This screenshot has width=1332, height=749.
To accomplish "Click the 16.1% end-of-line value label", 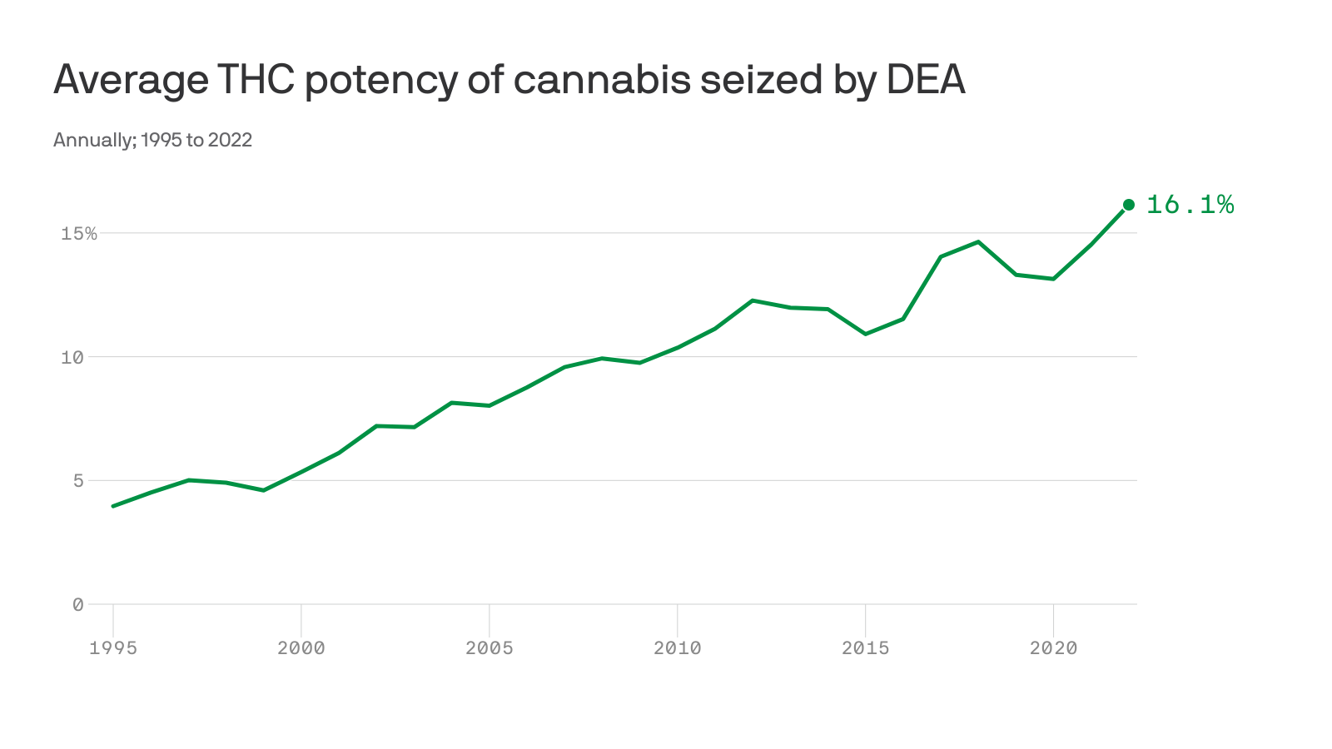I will tap(1190, 205).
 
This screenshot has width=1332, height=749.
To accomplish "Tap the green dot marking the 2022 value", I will tap(1129, 205).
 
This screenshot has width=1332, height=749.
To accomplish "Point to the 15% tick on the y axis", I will tap(79, 234).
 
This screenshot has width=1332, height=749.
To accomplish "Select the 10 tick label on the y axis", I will tap(72, 357).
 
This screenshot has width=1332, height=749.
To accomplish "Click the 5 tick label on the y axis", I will tap(77, 481).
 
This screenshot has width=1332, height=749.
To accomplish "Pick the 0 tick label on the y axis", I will tap(77, 605).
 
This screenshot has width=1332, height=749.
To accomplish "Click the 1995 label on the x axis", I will tap(113, 648).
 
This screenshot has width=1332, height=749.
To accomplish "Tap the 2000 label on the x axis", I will tap(301, 648).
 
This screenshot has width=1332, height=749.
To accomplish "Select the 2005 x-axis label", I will tap(490, 648).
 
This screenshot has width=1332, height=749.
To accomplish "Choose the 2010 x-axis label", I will tap(678, 648).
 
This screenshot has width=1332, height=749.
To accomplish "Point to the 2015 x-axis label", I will tap(866, 648).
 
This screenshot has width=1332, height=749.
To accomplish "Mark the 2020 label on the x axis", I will tap(1054, 648).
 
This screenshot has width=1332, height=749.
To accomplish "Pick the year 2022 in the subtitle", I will tap(230, 140).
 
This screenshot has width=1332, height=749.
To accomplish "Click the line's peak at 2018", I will tap(978, 242).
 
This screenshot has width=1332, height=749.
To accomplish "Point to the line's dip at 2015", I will tap(866, 334).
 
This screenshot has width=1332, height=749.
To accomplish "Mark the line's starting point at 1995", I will tap(113, 506).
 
